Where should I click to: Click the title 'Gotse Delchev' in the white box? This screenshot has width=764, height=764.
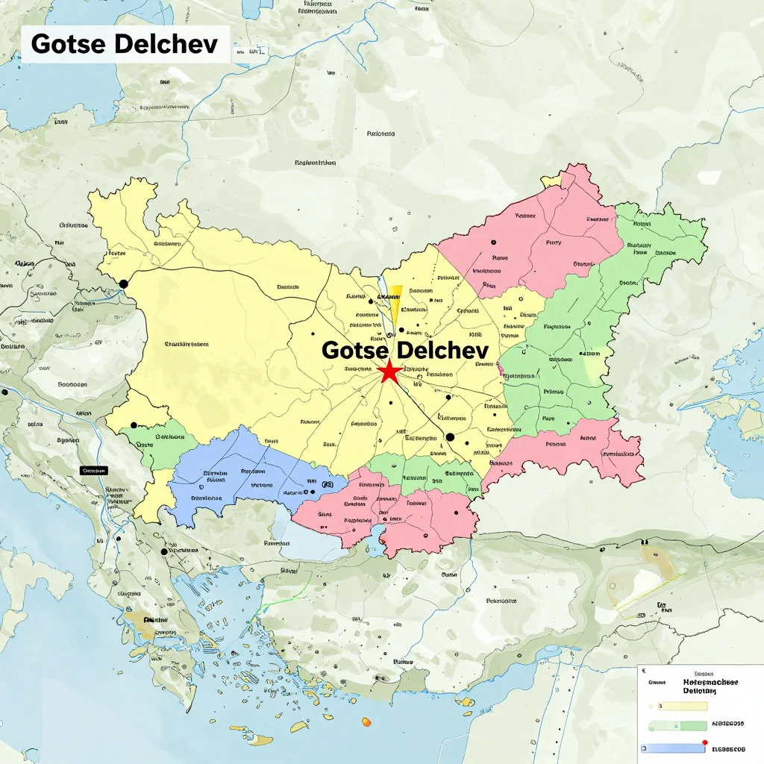tap(125, 44)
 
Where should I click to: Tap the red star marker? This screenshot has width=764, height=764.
tap(388, 372)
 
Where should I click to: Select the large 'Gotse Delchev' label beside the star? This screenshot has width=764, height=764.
tap(404, 350)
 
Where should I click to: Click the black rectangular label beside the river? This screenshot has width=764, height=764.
tap(94, 471)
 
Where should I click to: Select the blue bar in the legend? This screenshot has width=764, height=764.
tap(671, 748)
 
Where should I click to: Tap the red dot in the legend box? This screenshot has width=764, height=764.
tap(704, 742)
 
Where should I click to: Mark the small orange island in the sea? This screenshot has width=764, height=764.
tap(366, 721)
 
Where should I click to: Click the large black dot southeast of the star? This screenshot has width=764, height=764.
tap(450, 437)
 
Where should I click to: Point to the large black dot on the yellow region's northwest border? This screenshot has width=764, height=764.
tap(124, 284)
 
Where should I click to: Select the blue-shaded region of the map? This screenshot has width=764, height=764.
tap(239, 477)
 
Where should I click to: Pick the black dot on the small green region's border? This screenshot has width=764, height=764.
tap(134, 425)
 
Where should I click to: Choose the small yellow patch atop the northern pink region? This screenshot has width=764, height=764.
tap(551, 181)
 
